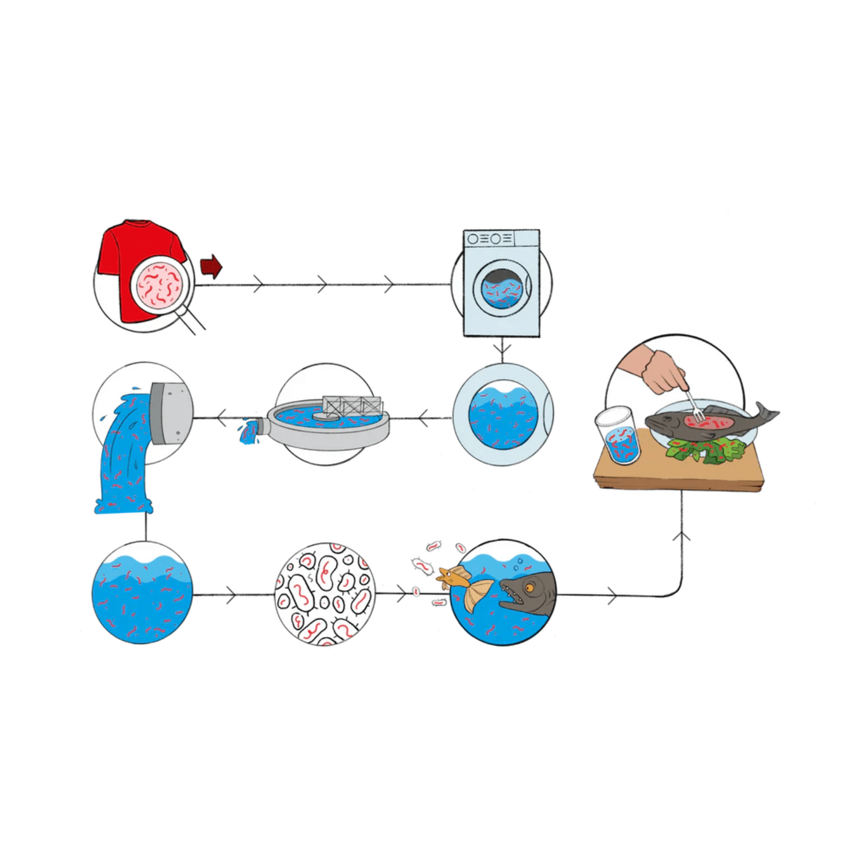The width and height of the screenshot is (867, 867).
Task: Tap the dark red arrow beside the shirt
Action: tap(212, 266)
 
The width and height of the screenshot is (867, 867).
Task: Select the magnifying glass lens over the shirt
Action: tap(160, 285)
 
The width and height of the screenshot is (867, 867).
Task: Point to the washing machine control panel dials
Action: tap(488, 238)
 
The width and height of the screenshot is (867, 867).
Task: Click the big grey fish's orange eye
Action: tap(529, 588)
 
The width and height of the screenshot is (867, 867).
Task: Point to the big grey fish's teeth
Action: tap(512, 595)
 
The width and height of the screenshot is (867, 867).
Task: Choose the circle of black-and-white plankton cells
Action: tap(324, 594)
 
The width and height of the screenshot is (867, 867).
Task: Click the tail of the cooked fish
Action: tap(766, 413)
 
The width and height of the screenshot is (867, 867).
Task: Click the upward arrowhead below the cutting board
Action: tap(682, 536)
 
